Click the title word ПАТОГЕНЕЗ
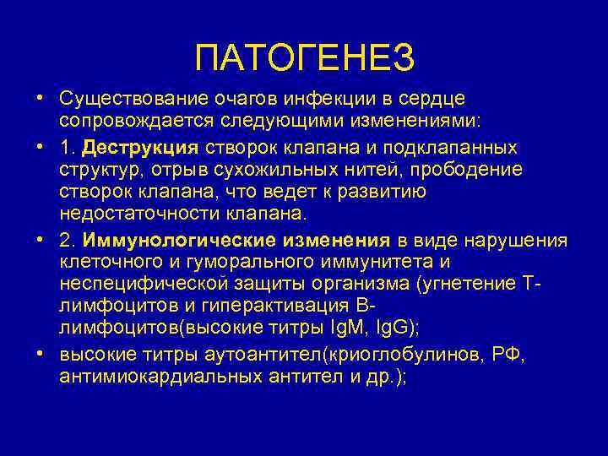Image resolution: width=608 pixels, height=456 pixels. (x=304, y=58)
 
